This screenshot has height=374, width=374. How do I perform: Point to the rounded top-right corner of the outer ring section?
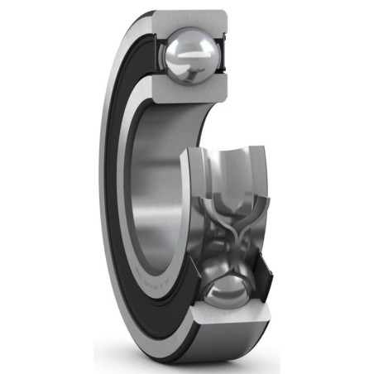point(224,16)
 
